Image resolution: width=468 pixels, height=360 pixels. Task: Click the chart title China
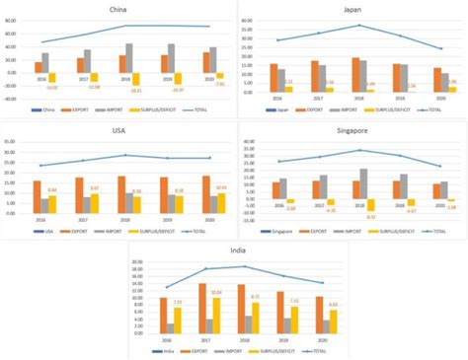[117, 9]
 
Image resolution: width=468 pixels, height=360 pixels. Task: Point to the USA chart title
[117, 129]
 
